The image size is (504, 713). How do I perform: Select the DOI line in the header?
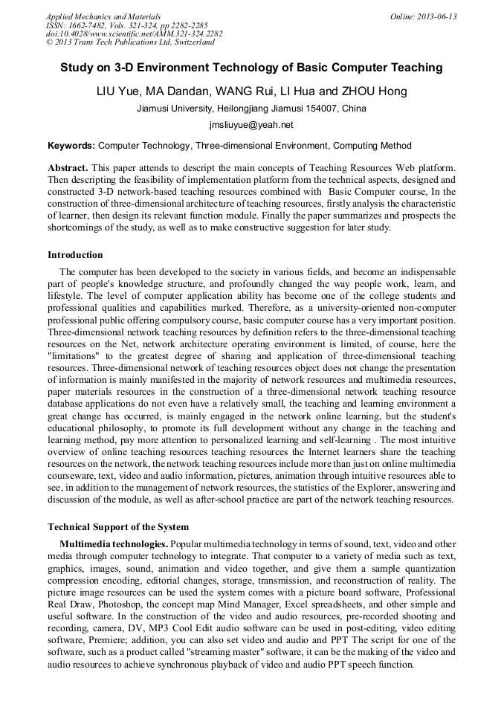[134, 33]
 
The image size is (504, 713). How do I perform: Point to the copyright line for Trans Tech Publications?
[130, 42]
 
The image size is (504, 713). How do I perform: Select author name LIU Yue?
[118, 91]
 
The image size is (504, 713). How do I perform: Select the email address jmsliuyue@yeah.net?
[251, 126]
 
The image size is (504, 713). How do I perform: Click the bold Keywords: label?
[71, 146]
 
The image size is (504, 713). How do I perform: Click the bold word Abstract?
[68, 168]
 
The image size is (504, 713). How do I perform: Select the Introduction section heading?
[75, 255]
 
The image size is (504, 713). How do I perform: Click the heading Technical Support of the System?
[118, 527]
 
